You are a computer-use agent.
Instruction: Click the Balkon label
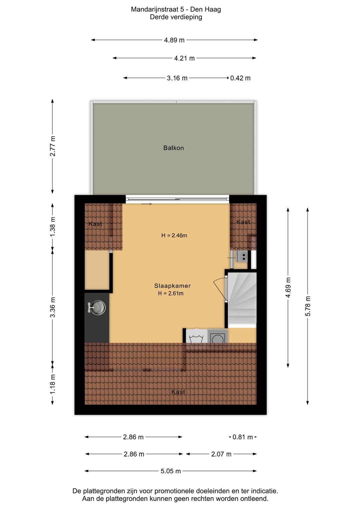point(174,148)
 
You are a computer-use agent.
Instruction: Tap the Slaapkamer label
point(172,286)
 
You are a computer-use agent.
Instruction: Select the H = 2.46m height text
point(174,235)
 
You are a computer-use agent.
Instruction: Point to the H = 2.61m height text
point(171,293)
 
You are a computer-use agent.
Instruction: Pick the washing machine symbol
point(196,336)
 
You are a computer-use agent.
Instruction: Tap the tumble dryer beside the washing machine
point(217,336)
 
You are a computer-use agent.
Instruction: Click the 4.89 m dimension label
point(174,40)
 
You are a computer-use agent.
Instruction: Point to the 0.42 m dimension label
point(240,78)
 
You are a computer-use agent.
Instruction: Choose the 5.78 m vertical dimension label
point(308,306)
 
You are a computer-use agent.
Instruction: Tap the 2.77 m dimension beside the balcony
point(53,146)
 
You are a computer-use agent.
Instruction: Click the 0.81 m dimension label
point(243,437)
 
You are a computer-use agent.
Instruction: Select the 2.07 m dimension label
point(221,454)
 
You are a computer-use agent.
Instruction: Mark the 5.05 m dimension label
point(171,471)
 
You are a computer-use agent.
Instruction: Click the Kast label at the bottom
point(178,392)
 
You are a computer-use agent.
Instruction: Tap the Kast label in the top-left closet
point(95,224)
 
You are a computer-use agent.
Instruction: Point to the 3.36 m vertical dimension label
point(53,307)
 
